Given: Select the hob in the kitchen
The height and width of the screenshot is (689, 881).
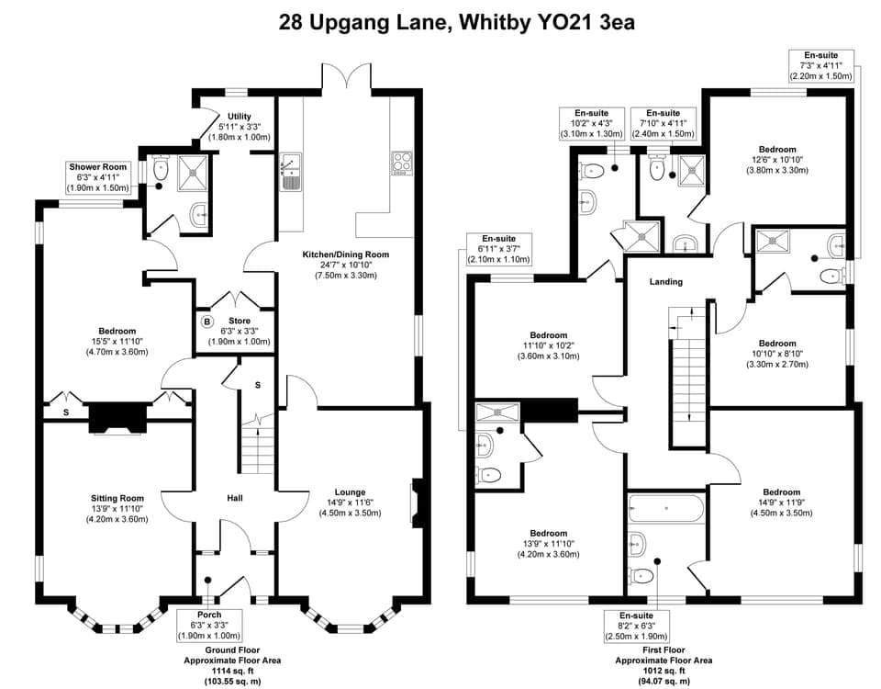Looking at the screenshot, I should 402,163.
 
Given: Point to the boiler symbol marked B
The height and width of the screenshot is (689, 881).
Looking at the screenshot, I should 206,322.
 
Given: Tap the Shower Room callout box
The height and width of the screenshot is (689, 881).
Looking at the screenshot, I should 100,176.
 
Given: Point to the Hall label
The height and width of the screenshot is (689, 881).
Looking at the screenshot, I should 235,498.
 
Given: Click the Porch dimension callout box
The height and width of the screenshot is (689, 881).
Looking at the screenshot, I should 209,625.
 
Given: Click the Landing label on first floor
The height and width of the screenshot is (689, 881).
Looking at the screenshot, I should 666,282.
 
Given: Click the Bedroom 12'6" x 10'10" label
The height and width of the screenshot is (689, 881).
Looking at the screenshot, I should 777,159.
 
